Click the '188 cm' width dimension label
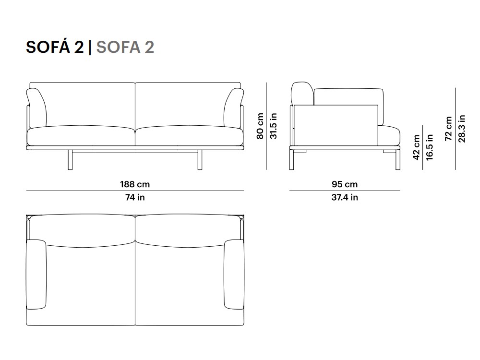pyautogui.click(x=135, y=184)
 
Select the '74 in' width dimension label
pyautogui.click(x=135, y=197)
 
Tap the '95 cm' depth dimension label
pyautogui.click(x=344, y=184)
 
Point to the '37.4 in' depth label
pyautogui.click(x=344, y=197)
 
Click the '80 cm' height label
pyautogui.click(x=260, y=126)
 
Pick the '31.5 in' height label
pyautogui.click(x=273, y=126)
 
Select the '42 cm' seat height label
pyautogui.click(x=416, y=147)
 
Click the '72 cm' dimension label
pyautogui.click(x=448, y=129)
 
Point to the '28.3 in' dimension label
pyautogui.click(x=461, y=129)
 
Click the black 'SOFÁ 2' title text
pyautogui.click(x=54, y=47)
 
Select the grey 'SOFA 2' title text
pyautogui.click(x=125, y=47)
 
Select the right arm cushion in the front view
pyautogui.click(x=233, y=108)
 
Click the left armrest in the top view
pyautogui.click(x=36, y=275)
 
